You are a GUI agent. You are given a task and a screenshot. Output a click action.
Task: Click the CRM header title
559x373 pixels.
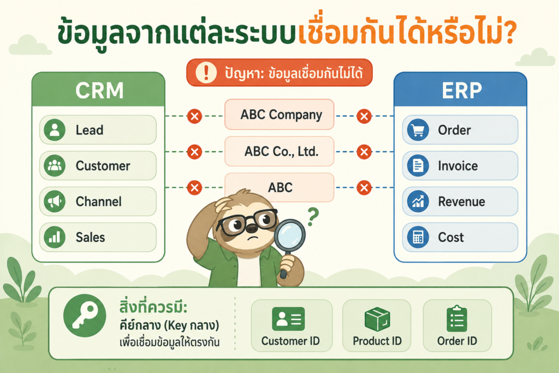[99, 91]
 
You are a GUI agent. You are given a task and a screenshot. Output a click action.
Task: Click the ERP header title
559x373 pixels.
[462, 91]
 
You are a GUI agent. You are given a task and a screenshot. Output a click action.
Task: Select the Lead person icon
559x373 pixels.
[55, 130]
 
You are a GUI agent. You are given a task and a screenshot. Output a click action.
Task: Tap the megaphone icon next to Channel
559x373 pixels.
[55, 202]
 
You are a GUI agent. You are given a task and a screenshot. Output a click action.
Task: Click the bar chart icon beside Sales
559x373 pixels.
[55, 237]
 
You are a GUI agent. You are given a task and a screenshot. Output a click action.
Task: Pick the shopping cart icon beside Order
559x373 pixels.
[418, 130]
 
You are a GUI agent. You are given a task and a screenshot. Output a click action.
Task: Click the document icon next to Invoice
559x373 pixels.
[418, 166]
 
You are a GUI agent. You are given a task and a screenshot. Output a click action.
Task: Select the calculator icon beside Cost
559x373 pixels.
[418, 237]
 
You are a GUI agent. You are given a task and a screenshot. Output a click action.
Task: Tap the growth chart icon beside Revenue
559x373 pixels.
[418, 202]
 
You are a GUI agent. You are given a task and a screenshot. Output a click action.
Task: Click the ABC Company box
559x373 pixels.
[279, 115]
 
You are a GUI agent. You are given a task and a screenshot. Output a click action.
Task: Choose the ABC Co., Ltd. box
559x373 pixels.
[279, 151]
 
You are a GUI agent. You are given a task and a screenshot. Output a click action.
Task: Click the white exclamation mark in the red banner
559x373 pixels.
[206, 73]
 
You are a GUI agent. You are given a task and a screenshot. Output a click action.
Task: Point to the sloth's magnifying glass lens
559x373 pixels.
[289, 236]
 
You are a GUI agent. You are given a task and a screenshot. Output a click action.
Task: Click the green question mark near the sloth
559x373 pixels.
[313, 217]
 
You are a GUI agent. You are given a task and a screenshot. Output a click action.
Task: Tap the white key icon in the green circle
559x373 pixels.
[85, 316]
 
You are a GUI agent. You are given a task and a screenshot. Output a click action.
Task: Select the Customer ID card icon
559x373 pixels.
[288, 318]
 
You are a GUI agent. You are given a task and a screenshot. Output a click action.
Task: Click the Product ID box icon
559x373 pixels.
[377, 319]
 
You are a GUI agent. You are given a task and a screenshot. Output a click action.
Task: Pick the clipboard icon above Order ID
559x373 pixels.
[457, 318]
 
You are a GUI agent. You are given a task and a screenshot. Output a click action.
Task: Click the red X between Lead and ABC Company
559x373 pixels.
[195, 116]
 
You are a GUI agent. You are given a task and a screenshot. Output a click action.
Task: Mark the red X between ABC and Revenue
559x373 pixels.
[364, 187]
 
